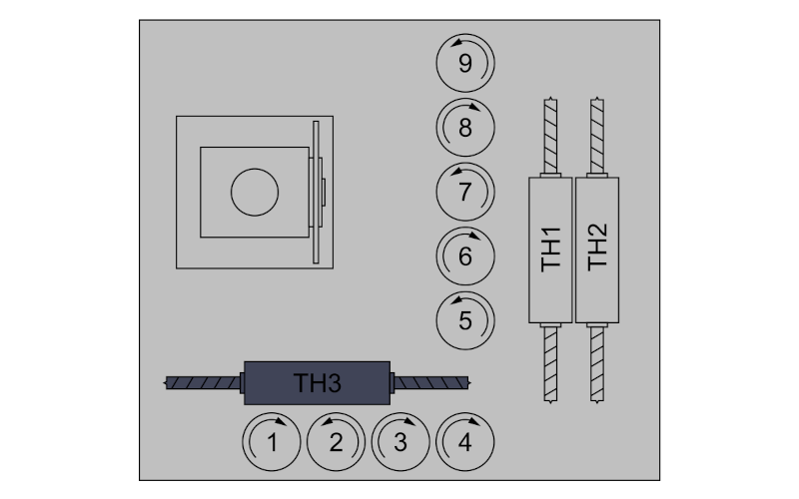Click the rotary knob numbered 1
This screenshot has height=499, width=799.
(x=272, y=442)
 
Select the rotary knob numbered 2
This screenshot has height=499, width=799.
(x=336, y=442)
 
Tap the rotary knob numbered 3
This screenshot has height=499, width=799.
(x=400, y=442)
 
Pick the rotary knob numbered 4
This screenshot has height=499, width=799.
(x=465, y=442)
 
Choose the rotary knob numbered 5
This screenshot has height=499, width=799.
(x=465, y=320)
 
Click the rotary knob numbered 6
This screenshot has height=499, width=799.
(x=465, y=256)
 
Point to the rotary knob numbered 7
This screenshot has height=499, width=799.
(x=465, y=192)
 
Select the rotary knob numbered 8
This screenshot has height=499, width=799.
(x=465, y=128)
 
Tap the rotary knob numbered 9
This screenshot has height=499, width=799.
(x=465, y=63)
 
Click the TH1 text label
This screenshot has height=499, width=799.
(x=551, y=249)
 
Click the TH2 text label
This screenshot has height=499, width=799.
(x=597, y=248)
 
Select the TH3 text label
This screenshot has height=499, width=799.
(x=317, y=383)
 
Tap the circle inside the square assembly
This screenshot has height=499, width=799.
(x=255, y=193)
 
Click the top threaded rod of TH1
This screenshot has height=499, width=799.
(x=551, y=136)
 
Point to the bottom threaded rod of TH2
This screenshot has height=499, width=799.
(x=597, y=364)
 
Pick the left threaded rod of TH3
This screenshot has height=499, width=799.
(x=203, y=383)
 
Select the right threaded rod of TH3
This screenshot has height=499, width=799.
(x=431, y=383)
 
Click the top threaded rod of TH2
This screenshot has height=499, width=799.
(x=597, y=136)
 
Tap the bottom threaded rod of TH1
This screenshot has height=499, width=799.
(x=551, y=364)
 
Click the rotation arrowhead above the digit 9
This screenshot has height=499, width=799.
(x=456, y=42)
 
